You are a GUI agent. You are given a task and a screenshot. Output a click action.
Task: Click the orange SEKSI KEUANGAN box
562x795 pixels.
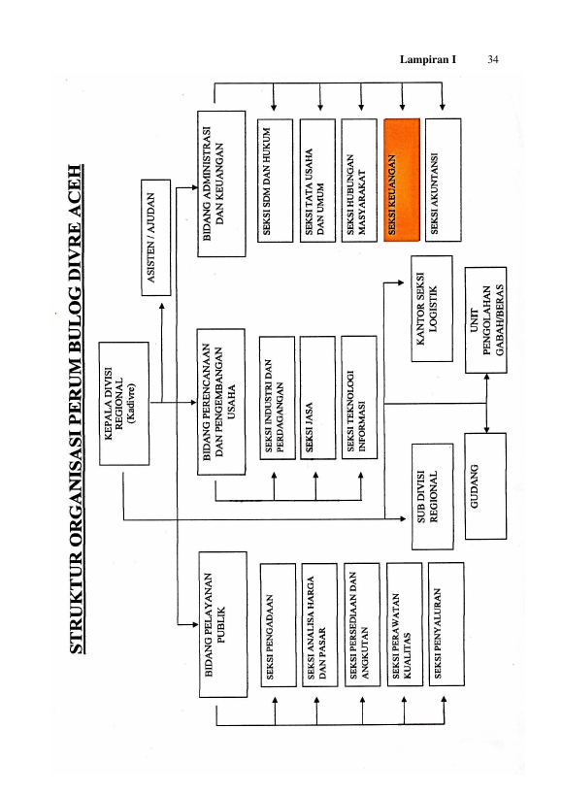tap(402, 180)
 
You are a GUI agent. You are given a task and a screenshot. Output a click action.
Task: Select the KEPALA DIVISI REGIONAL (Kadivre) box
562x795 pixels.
tap(124, 403)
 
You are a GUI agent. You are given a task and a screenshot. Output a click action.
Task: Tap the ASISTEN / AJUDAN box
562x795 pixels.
tap(156, 237)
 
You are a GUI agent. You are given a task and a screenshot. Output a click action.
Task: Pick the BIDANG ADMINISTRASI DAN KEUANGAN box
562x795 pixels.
tap(221, 183)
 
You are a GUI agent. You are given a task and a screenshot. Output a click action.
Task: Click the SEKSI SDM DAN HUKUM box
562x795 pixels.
tap(275, 181)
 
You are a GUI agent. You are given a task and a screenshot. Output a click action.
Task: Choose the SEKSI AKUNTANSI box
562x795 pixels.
tap(444, 180)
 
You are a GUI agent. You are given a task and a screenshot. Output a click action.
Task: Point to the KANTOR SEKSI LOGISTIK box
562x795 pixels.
tap(432, 309)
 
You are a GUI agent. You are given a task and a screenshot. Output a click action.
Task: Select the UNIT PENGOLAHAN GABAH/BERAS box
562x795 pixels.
tap(486, 320)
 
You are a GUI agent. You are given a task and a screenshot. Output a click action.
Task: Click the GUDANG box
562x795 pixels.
tap(485, 485)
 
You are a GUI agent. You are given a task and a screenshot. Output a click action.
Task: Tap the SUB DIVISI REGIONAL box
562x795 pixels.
tap(432, 496)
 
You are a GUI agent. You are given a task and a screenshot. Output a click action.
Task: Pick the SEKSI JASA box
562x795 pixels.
tap(317, 398)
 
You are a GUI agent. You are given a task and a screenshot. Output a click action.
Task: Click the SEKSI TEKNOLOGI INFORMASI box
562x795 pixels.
tap(359, 398)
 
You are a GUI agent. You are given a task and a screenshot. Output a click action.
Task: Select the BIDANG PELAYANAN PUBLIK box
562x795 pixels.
tap(223, 625)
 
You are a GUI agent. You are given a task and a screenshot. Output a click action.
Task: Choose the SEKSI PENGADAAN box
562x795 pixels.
tap(279, 625)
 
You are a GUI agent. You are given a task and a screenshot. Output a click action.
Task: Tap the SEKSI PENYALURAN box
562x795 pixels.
tap(446, 624)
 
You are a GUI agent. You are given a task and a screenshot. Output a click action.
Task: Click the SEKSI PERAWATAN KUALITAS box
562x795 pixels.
tap(405, 625)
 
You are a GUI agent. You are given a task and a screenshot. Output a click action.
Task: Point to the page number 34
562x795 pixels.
tap(493, 59)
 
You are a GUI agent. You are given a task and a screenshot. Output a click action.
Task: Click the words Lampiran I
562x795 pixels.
tap(428, 59)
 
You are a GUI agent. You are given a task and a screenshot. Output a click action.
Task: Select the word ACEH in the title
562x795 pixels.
tap(75, 191)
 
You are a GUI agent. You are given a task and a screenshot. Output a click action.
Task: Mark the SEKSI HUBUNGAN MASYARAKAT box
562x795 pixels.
tap(359, 180)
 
